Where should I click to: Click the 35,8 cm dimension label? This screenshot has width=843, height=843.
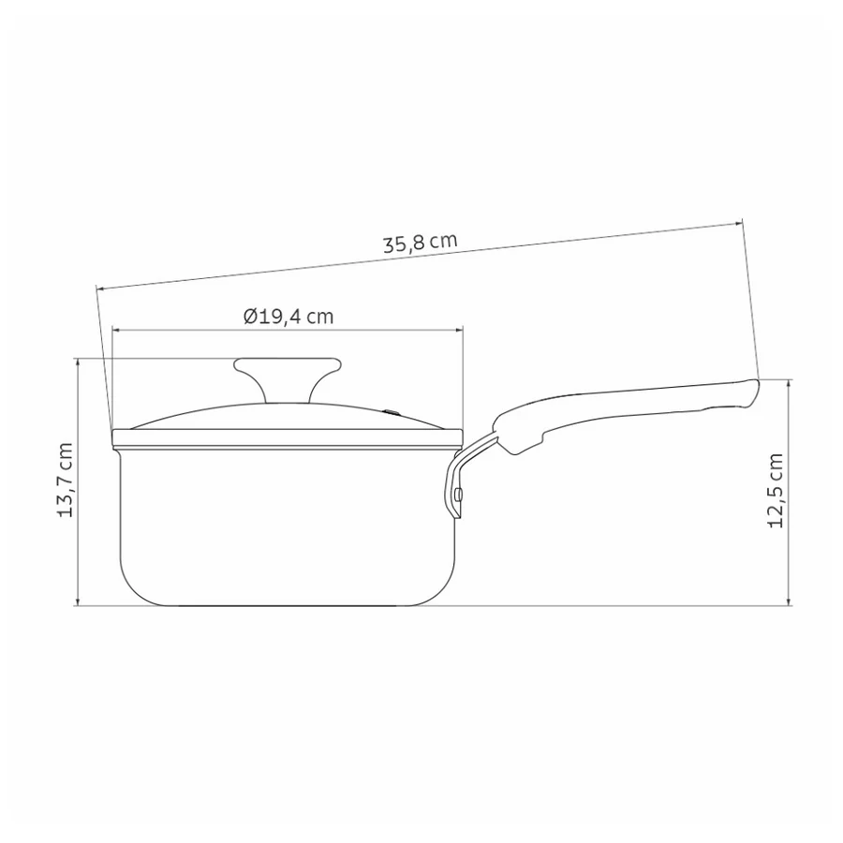(x=420, y=242)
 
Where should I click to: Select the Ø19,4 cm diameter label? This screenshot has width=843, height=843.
(x=288, y=317)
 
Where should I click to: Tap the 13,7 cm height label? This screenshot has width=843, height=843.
(x=65, y=481)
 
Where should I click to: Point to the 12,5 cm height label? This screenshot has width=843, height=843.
(x=776, y=491)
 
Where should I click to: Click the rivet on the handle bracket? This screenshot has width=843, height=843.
(x=457, y=494)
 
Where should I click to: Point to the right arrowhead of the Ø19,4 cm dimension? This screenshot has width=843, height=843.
(x=459, y=330)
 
